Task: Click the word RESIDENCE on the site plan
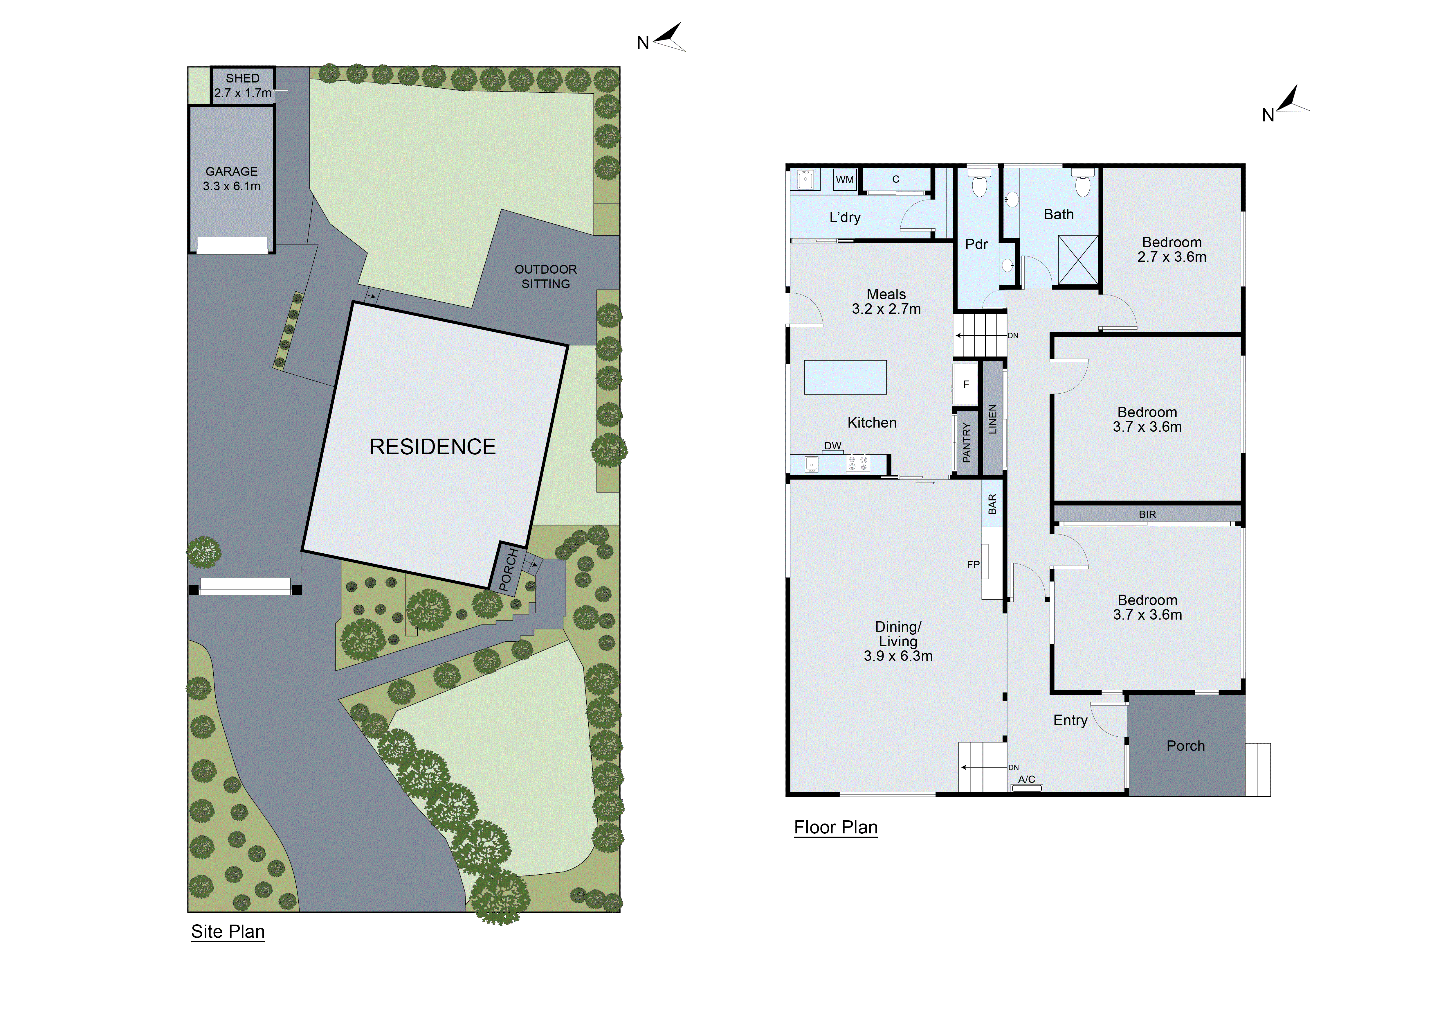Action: click(x=432, y=447)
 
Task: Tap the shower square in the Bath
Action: click(x=1077, y=260)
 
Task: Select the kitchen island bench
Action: click(x=845, y=377)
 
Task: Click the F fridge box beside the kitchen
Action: click(x=966, y=384)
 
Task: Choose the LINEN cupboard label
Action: click(x=992, y=419)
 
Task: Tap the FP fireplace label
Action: click(x=973, y=565)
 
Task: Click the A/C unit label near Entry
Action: click(x=1027, y=779)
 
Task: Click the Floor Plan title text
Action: click(x=835, y=828)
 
